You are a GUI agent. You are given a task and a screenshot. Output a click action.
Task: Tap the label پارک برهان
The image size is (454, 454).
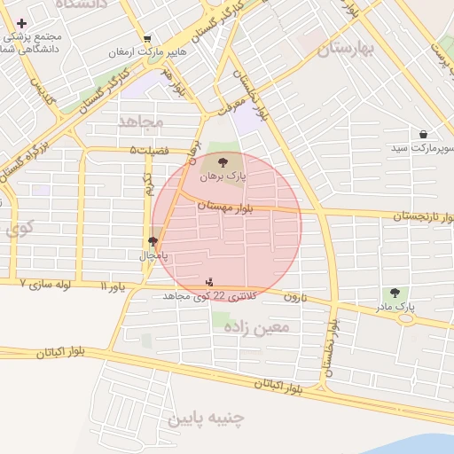coord(220,176)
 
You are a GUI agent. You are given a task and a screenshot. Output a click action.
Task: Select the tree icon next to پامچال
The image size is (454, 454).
coord(153,240)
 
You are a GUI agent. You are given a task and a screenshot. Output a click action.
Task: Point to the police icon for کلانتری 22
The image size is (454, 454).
coord(209,282)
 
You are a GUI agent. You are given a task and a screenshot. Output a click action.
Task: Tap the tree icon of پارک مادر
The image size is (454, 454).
coord(395,293)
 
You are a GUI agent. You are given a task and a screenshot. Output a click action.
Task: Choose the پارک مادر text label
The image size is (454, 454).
coord(395,307)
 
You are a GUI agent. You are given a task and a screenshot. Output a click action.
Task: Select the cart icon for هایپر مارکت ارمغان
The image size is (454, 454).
coord(146,38)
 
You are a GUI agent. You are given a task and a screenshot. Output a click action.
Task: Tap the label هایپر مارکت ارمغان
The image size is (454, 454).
coord(146,52)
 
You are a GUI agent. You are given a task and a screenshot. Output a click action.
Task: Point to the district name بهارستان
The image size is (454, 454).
coord(344,50)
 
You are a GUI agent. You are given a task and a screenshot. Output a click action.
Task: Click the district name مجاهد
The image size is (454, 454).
coord(141,120)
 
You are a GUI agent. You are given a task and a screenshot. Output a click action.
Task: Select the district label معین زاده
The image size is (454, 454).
coord(261,328)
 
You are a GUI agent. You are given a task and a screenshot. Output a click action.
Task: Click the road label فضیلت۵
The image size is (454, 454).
coord(150,150)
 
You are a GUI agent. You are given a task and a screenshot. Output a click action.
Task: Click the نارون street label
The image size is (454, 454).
coord(294,297)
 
